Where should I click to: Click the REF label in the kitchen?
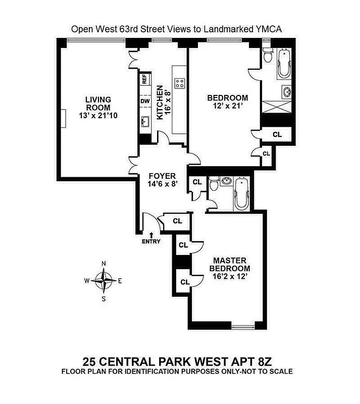pos(144,79)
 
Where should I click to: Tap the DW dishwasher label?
pos(144,100)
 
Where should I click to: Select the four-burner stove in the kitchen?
pos(179,83)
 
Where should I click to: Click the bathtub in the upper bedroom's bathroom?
pos(279,63)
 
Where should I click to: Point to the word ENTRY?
pos(151,241)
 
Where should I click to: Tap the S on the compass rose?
pos(104,298)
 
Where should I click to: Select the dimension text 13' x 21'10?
pos(98,116)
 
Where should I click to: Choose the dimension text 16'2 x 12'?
pos(230,276)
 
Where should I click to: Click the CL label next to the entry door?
pos(177,221)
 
